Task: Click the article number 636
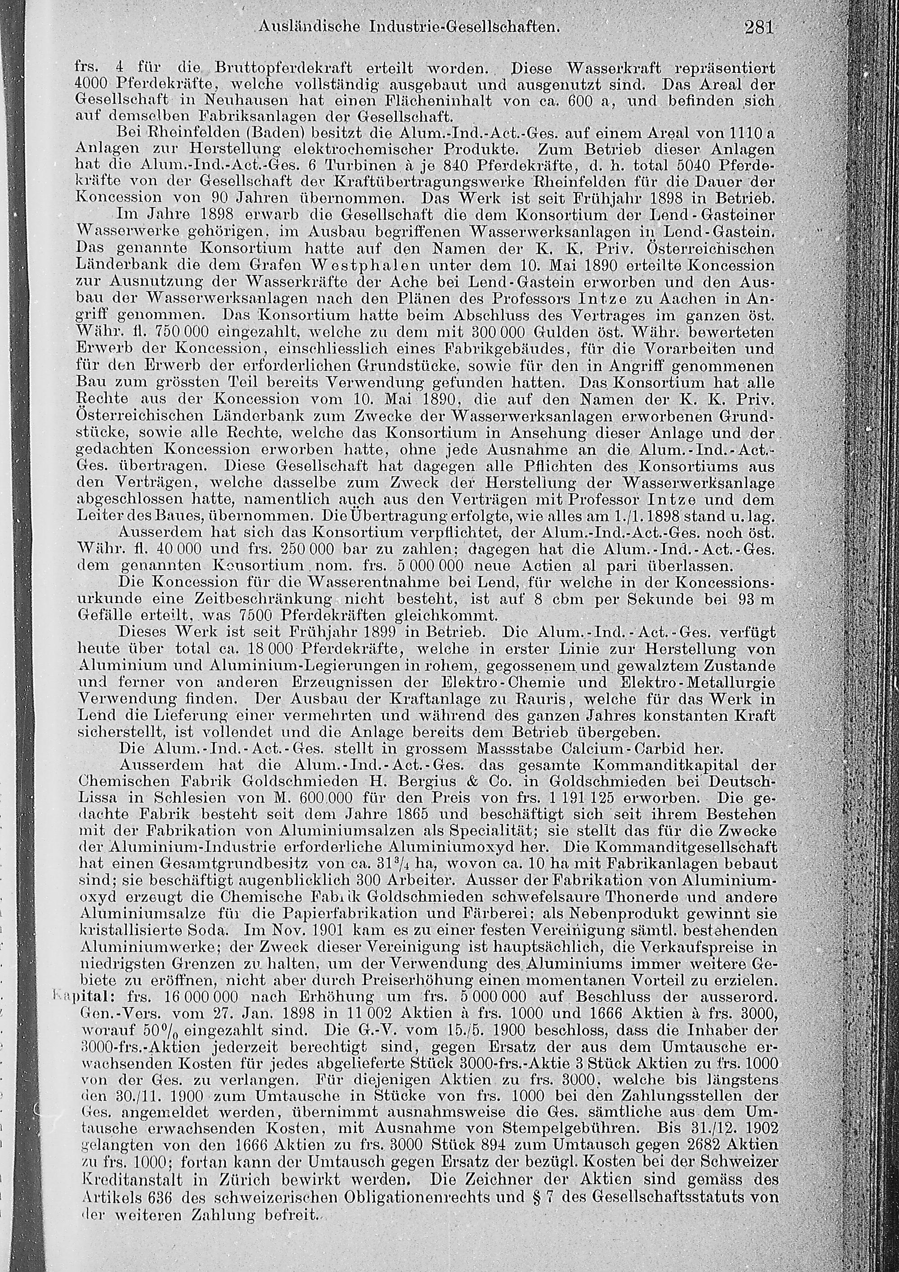pos(164,1162)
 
